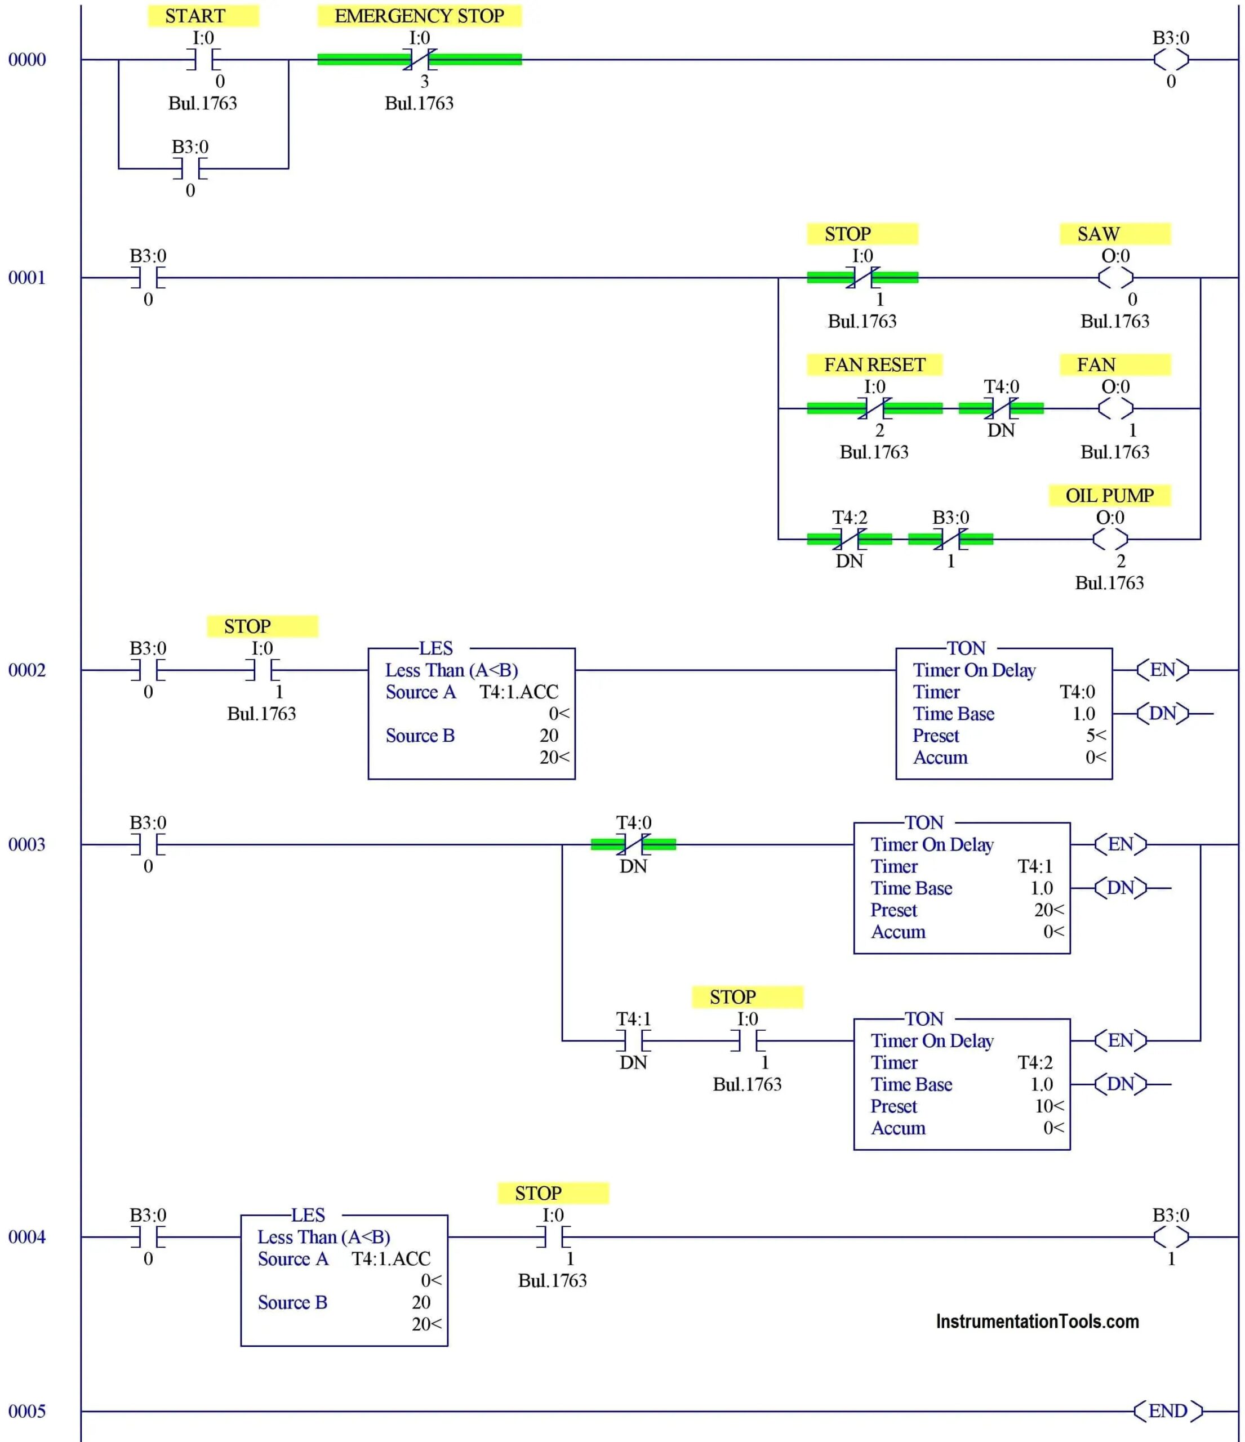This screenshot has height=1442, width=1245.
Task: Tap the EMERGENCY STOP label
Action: (419, 16)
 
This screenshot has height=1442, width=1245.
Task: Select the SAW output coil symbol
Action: (1115, 278)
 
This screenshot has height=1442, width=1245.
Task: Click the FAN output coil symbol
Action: (1115, 408)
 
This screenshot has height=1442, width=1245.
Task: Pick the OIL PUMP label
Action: (1109, 496)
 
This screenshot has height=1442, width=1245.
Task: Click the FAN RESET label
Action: (874, 364)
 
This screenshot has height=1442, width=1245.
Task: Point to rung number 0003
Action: (26, 844)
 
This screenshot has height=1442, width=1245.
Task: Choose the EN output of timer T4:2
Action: (1120, 1040)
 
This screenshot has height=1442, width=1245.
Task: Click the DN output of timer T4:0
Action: (1162, 713)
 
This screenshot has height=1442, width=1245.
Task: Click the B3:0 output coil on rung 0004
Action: (1171, 1237)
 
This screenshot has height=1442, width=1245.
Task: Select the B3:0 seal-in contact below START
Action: (190, 168)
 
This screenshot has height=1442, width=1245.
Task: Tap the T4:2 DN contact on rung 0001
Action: (849, 538)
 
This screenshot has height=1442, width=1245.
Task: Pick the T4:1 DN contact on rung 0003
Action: (633, 1040)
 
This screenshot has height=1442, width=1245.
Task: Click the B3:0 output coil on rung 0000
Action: (1171, 60)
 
